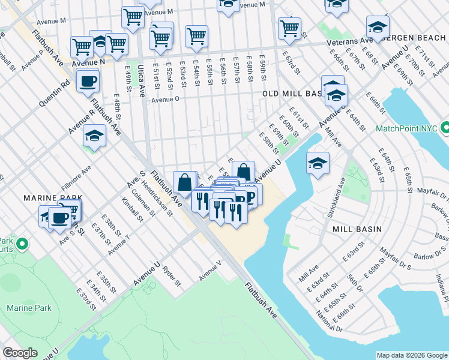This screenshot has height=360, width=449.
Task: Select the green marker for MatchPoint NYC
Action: (444, 128)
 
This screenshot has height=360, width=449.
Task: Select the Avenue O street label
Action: (166, 100)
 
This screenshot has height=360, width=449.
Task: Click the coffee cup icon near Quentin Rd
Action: (88, 80)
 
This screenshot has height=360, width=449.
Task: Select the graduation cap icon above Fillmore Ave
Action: (94, 137)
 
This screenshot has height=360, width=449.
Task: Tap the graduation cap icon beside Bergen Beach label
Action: (378, 26)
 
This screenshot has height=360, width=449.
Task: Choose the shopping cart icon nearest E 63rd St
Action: (289, 27)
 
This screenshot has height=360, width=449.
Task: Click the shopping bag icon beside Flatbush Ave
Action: (185, 182)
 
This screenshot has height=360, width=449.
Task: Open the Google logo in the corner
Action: (20, 353)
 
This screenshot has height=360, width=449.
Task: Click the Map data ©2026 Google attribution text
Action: (411, 355)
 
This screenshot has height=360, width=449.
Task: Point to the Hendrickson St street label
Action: (156, 194)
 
